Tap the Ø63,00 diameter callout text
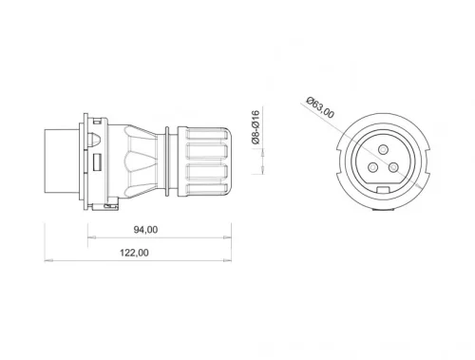[x=321, y=106]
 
